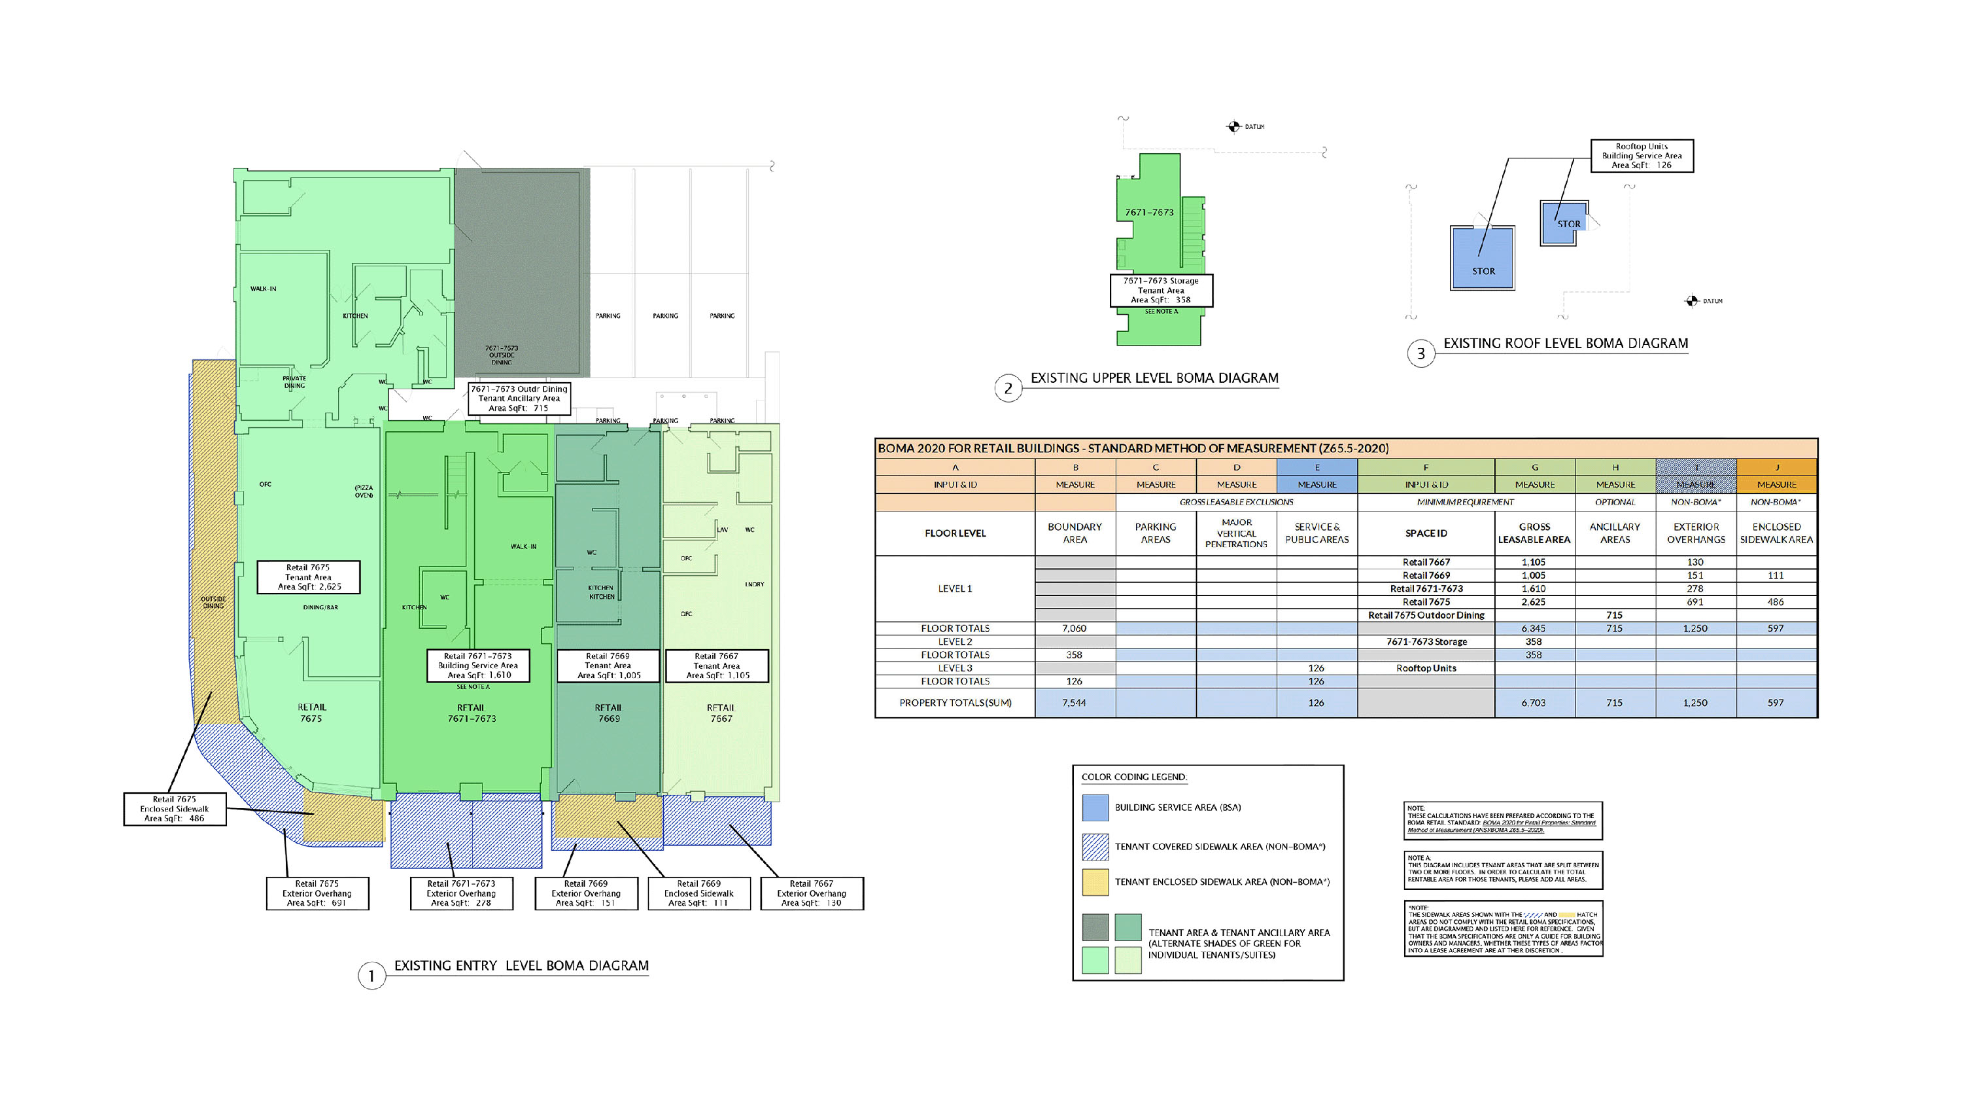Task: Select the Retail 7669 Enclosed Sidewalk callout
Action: (698, 893)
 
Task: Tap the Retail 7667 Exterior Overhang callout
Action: (811, 893)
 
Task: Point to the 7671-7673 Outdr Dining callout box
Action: (519, 399)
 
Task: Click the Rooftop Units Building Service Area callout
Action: (1642, 156)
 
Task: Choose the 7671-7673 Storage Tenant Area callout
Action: (1161, 291)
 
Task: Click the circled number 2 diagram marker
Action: (1008, 389)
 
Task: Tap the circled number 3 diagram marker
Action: (1420, 353)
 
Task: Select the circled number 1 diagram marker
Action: (371, 976)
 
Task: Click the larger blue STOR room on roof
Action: (1482, 258)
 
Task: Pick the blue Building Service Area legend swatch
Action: (1095, 808)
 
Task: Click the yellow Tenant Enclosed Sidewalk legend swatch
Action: (1095, 882)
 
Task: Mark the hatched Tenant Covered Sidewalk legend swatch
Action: (1095, 846)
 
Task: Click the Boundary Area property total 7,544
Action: (1074, 702)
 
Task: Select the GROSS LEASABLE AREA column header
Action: (1534, 533)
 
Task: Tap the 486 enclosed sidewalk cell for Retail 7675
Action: (1776, 602)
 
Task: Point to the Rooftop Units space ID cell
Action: (1426, 668)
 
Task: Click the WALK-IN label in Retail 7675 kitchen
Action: (264, 289)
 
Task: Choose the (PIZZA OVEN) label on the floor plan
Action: (364, 491)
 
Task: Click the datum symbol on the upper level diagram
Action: (1234, 126)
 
